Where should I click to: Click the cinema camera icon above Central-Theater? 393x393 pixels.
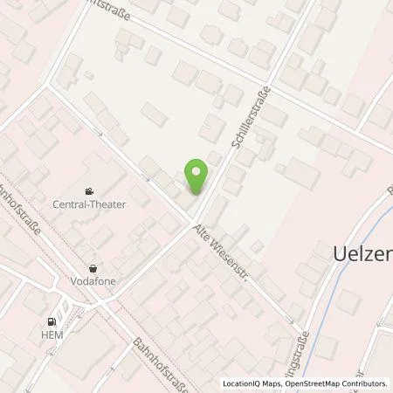[x=89, y=191]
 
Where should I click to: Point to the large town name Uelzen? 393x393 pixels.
[x=362, y=254]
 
